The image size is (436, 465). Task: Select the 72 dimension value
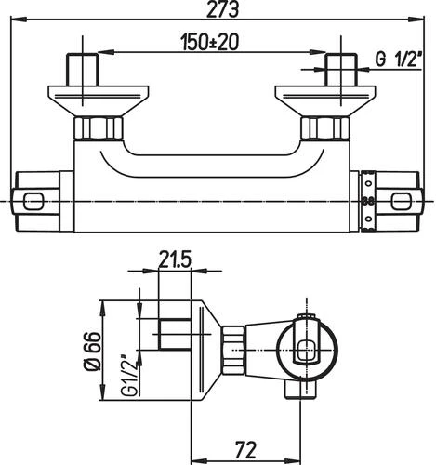pos(246,449)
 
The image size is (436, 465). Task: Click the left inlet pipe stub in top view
pos(85,71)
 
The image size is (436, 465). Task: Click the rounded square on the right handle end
pos(402,200)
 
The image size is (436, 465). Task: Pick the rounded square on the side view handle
pos(308,352)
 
